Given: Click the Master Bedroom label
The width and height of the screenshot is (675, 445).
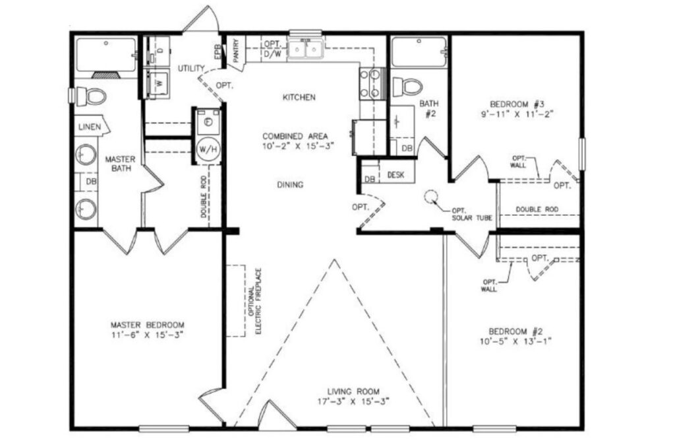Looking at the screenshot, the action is click(x=148, y=325).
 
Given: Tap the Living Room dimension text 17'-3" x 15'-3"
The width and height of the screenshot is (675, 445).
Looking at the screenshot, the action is click(x=353, y=401).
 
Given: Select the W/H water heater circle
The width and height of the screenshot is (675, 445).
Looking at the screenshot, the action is click(x=208, y=150).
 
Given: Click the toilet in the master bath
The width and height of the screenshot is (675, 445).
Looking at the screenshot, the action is click(x=91, y=96).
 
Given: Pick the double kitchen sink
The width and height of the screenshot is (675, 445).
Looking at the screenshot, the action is click(x=306, y=48).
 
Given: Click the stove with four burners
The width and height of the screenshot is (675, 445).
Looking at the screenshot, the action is click(x=372, y=83).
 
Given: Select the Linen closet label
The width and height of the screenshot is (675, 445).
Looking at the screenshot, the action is click(x=90, y=127).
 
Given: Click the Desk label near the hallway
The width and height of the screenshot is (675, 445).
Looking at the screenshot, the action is click(x=396, y=175).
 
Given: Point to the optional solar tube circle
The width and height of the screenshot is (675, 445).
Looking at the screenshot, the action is click(x=430, y=197).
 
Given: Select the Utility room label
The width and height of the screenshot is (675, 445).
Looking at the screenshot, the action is click(x=191, y=68).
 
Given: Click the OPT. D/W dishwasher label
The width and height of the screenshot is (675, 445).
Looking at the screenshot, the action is click(x=272, y=49).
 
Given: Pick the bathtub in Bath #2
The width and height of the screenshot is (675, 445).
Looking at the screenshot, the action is click(x=419, y=52).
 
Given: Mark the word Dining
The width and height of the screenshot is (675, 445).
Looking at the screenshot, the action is click(x=290, y=185).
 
